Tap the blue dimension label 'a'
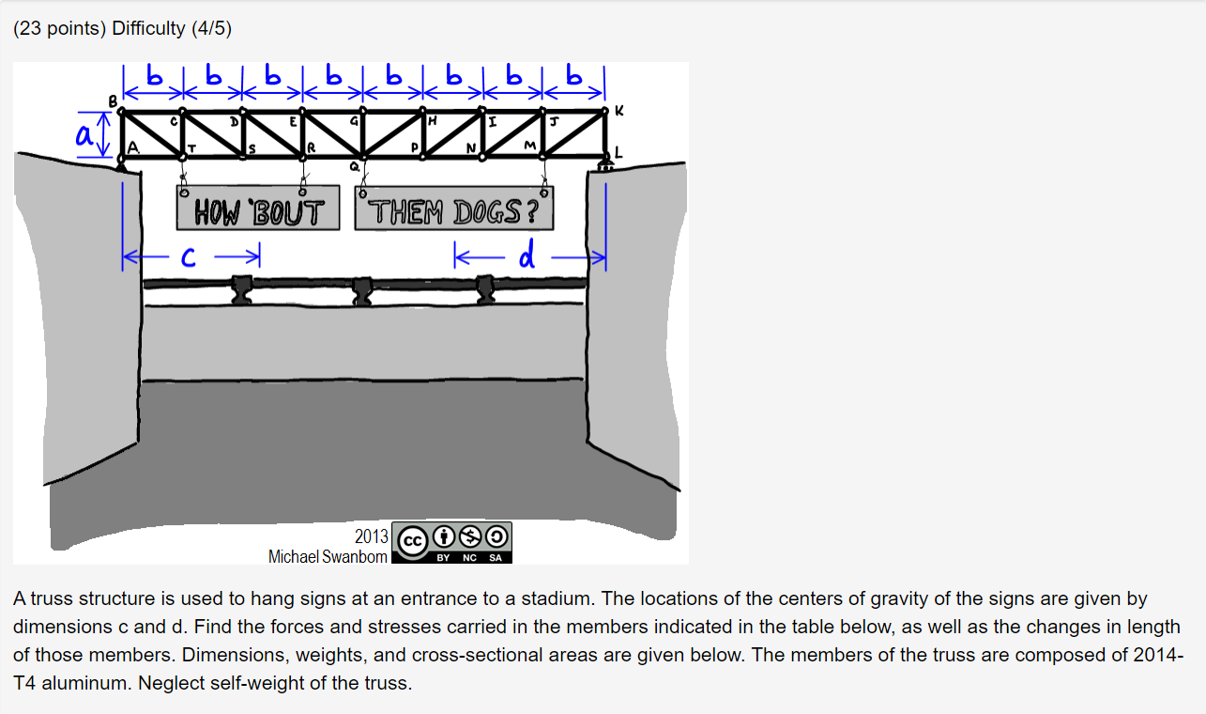(x=84, y=135)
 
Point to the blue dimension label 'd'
(x=528, y=255)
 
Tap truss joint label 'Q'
(x=354, y=165)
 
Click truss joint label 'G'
(x=353, y=121)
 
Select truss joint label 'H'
(x=432, y=121)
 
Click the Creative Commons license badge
(x=451, y=542)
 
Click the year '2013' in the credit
(x=371, y=536)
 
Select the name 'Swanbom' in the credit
(x=354, y=556)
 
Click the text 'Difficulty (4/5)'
(x=172, y=28)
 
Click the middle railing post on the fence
(x=362, y=290)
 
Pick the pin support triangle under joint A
(x=122, y=166)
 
